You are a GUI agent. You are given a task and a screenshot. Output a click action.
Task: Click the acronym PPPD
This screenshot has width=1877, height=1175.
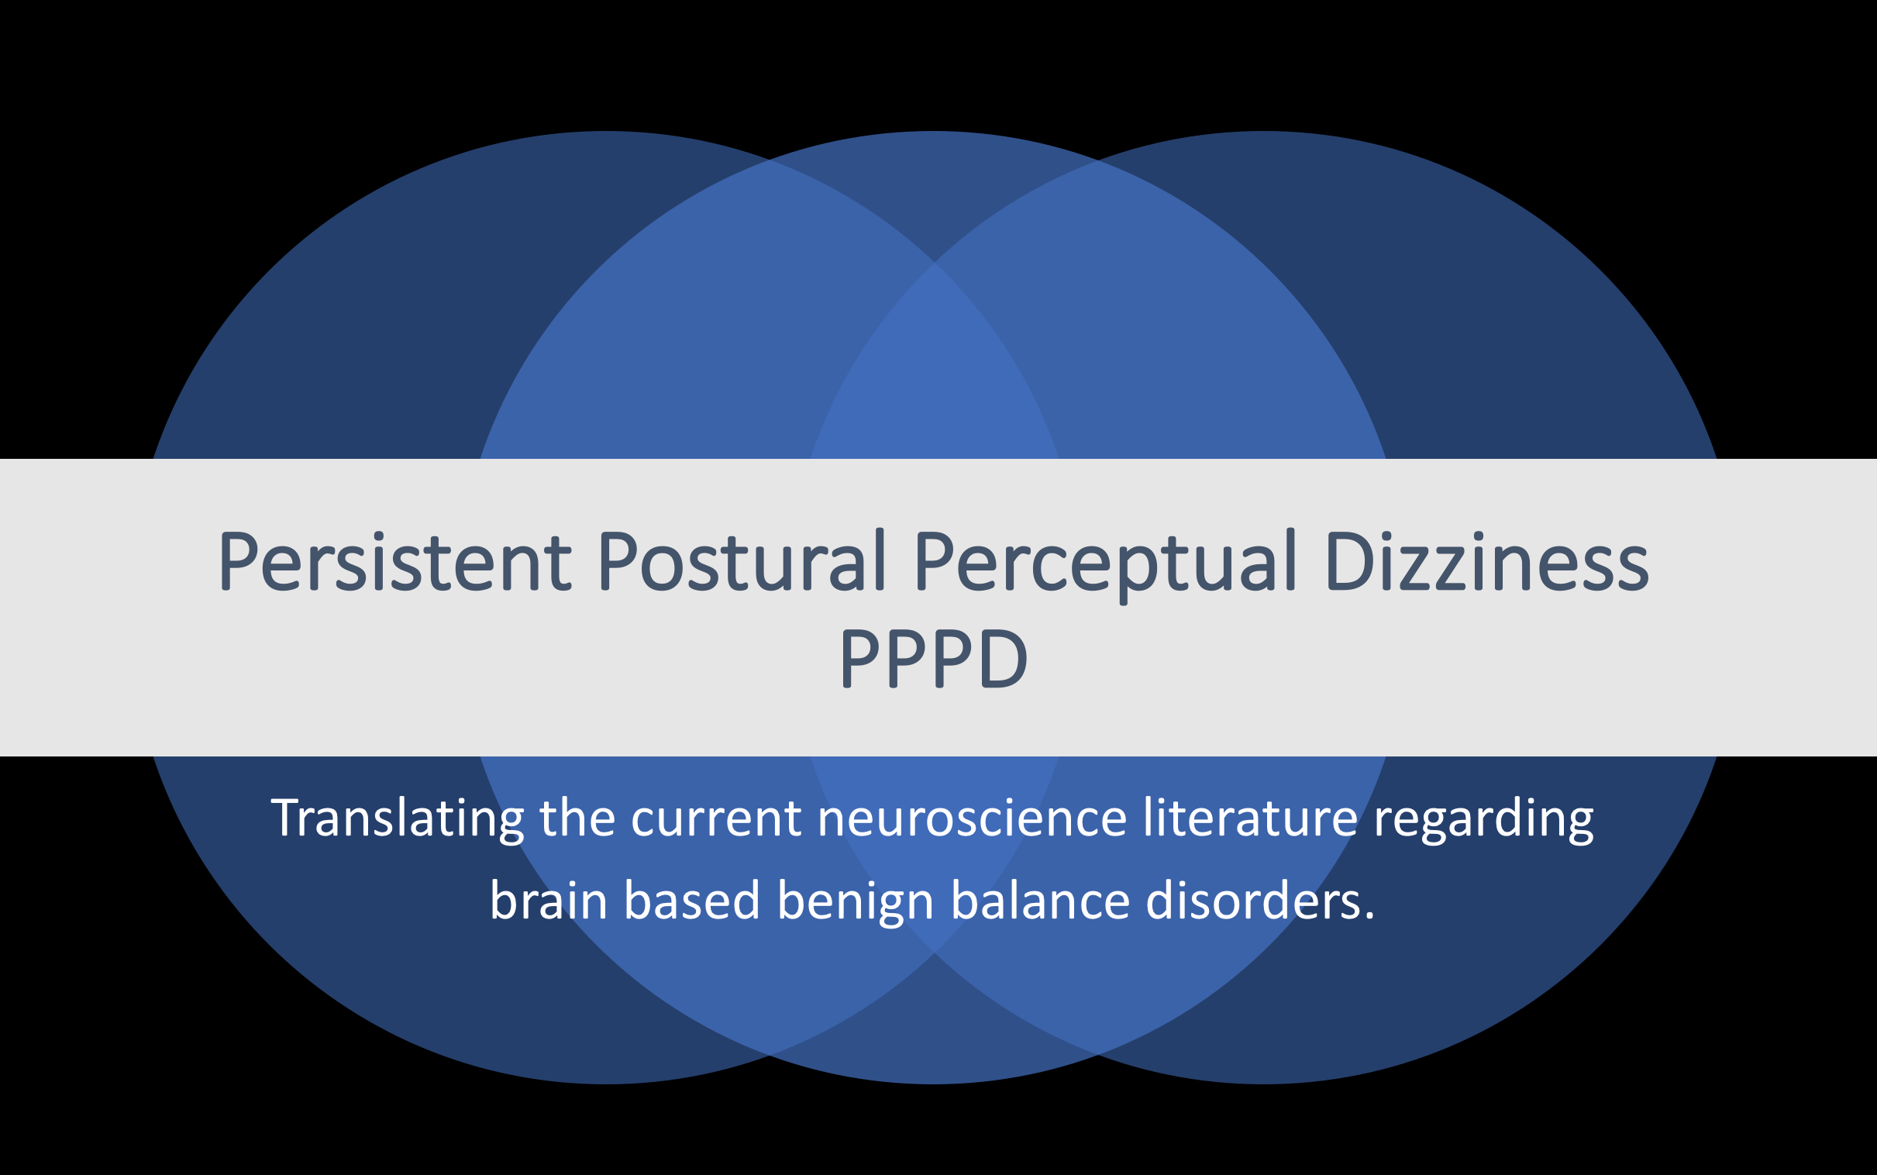935,657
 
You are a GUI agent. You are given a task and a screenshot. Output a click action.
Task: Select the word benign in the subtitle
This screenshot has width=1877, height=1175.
855,903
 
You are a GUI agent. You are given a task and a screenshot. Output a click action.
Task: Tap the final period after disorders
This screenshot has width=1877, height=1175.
1368,917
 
